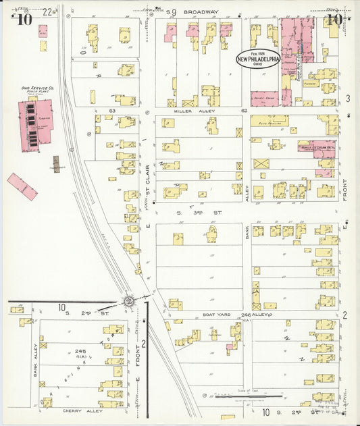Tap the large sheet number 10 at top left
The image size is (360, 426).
point(24,20)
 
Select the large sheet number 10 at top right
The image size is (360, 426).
point(332,20)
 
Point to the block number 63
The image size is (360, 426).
point(113,109)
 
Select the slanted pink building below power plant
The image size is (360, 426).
point(22,186)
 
